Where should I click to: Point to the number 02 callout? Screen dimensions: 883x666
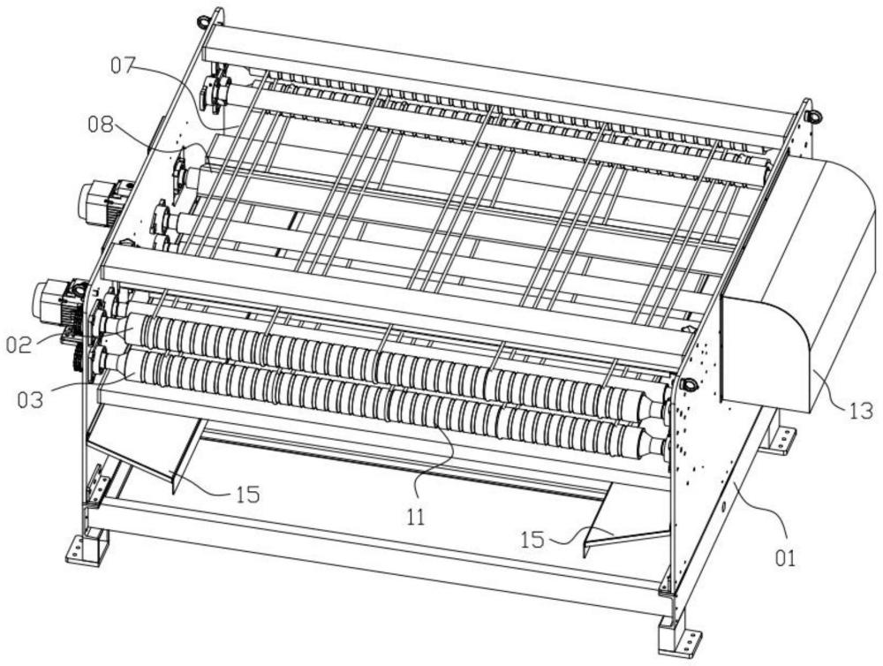(20, 344)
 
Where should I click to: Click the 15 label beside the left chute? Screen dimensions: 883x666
(248, 495)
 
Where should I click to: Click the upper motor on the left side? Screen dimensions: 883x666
(104, 202)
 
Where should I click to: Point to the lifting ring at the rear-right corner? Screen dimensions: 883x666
(814, 116)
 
